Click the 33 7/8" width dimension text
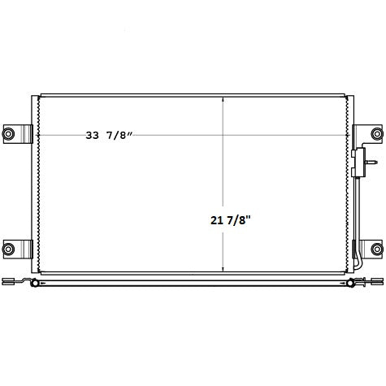click(x=109, y=135)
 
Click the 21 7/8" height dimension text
click(x=229, y=220)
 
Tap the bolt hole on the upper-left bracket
click(x=8, y=133)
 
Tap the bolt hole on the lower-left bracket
click(x=8, y=249)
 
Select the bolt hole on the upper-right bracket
click(x=377, y=133)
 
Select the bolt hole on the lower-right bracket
click(x=377, y=249)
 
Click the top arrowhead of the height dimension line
click(x=223, y=99)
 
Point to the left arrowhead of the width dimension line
click(x=38, y=135)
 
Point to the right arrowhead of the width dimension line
click(x=347, y=135)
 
